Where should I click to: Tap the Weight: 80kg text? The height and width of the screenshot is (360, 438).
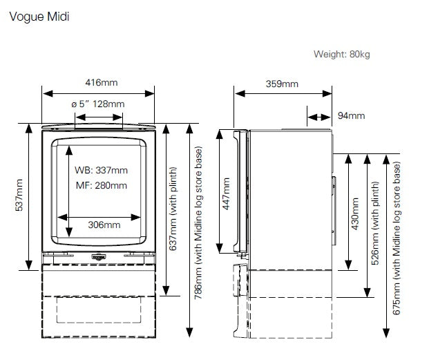(341, 54)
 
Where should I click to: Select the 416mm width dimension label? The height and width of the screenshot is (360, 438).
(101, 82)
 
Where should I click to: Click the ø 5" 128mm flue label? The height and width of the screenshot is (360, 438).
(98, 104)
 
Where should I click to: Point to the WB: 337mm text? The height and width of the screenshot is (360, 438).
(101, 170)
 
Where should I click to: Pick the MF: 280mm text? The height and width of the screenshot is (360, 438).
(101, 185)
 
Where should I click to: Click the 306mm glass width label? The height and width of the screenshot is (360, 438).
(104, 225)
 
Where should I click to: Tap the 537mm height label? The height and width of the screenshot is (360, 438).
(19, 196)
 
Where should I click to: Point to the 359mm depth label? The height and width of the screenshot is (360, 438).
(282, 84)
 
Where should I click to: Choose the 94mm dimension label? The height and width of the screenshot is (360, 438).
(351, 115)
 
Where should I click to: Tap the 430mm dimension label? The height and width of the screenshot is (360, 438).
(354, 214)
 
